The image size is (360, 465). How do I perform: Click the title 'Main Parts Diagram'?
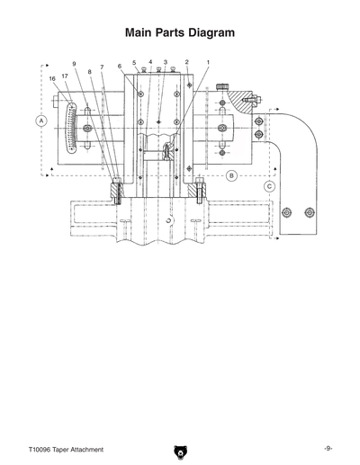point(180,32)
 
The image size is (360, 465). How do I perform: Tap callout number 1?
point(208,62)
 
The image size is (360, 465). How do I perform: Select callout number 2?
point(186,62)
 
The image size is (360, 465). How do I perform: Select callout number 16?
point(52,79)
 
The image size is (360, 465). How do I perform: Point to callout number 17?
point(65,76)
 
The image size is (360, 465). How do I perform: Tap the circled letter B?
point(232,175)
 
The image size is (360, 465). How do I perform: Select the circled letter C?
point(269,186)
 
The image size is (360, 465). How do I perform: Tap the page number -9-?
point(329,448)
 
